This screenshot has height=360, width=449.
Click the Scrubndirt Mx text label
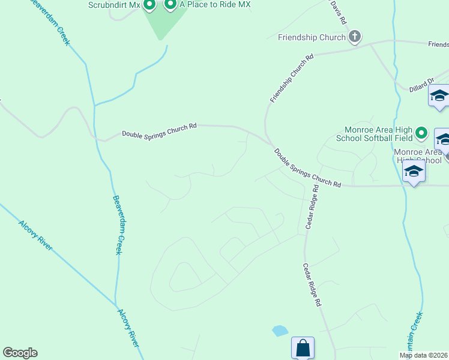click(113, 5)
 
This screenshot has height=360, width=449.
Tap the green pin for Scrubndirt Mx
click(150, 5)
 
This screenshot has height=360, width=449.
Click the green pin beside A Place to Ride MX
click(170, 5)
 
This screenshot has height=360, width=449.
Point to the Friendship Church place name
click(312, 37)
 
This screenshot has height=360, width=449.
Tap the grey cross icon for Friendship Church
click(355, 37)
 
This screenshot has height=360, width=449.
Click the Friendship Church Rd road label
click(292, 79)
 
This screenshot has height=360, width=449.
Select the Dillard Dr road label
click(422, 83)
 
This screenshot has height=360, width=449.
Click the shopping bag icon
click(303, 347)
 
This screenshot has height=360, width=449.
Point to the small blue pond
click(279, 330)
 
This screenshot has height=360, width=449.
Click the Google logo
click(20, 353)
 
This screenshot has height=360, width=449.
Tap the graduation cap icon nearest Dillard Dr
click(439, 96)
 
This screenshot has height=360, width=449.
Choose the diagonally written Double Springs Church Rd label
click(308, 168)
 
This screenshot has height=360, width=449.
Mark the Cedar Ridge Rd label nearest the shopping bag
click(312, 285)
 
